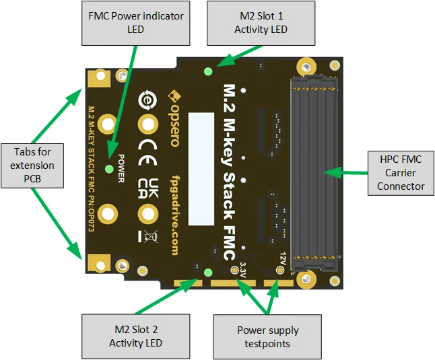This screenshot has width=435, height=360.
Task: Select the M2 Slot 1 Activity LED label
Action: tap(261, 24)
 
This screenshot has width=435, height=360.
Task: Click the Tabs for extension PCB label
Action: tap(33, 165)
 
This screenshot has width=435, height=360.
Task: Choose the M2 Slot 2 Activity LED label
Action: tap(135, 335)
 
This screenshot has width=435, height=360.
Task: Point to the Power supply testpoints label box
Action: tap(267, 336)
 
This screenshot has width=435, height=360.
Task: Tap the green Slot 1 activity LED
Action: tap(208, 71)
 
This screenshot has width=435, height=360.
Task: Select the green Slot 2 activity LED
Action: tap(208, 272)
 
